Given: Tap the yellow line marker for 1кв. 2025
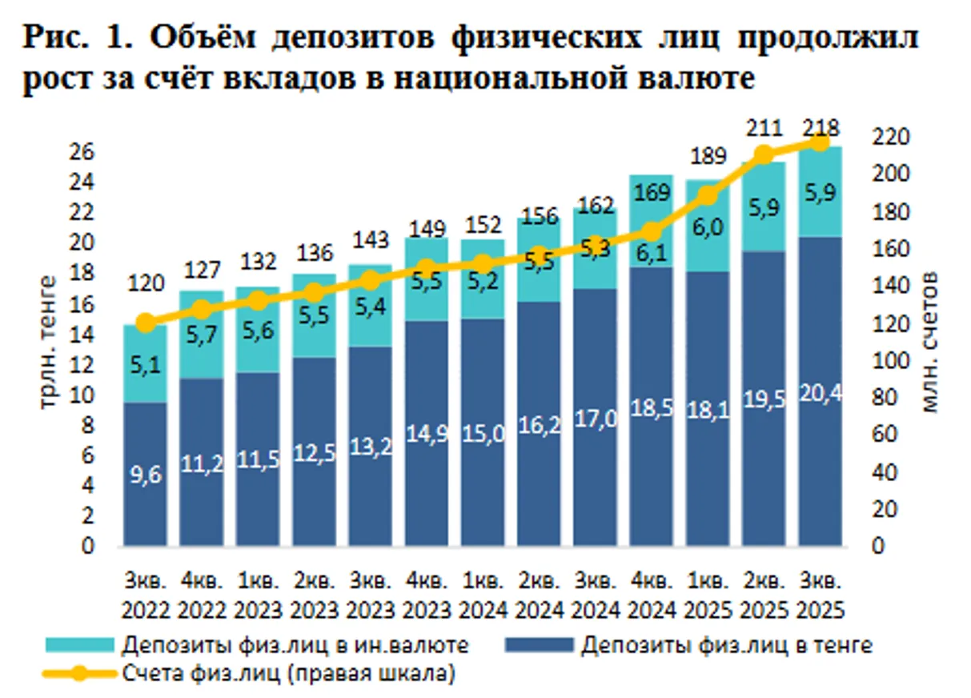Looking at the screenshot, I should [708, 195].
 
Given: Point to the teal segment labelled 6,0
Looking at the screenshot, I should [708, 228].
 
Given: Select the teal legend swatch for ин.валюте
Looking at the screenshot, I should [81, 644].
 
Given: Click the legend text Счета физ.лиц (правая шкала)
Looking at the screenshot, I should [289, 673].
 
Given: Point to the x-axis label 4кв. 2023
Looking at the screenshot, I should [427, 594].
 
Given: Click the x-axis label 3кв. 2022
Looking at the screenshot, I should [146, 594].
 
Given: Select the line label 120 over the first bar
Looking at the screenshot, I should [145, 283].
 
